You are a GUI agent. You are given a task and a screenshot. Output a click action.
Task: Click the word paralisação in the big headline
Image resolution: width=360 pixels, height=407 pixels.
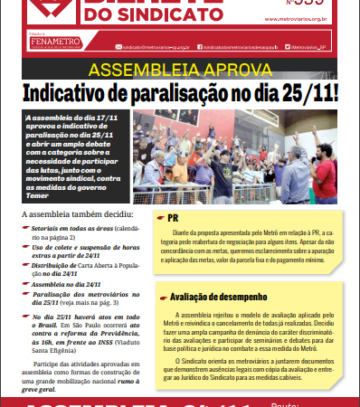[181, 95]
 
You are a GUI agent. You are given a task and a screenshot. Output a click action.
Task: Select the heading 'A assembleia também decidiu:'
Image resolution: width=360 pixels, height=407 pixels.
[75, 215]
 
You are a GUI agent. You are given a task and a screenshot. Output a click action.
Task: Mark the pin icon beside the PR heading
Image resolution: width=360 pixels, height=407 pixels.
[159, 219]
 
